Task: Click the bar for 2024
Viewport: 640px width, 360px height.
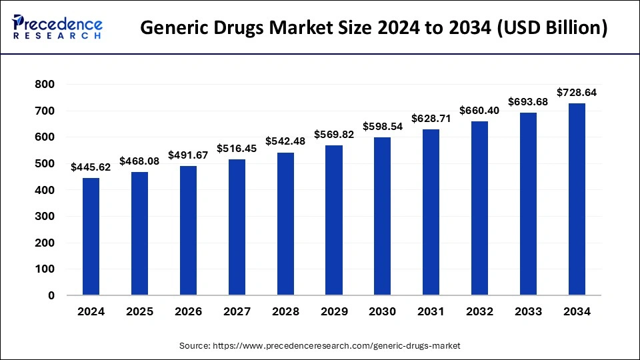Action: pos(91,236)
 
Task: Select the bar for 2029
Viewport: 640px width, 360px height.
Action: pos(334,220)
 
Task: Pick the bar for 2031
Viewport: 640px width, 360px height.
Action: pos(431,212)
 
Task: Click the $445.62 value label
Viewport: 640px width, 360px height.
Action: pos(91,167)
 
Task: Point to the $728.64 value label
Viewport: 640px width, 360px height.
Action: pos(577,93)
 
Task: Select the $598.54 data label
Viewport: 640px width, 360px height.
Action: pos(383,126)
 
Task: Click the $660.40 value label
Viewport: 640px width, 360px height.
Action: pos(479,109)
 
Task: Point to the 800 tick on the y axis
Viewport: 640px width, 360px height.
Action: pos(45,85)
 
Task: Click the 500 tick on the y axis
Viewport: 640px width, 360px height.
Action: pos(45,164)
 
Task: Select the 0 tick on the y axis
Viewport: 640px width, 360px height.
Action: pos(51,295)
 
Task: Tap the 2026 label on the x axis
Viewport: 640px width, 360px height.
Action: pos(188,311)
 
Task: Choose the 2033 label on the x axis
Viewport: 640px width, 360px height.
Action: pos(528,311)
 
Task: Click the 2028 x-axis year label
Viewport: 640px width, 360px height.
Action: pos(285,311)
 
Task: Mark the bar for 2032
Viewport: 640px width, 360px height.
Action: pos(479,208)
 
